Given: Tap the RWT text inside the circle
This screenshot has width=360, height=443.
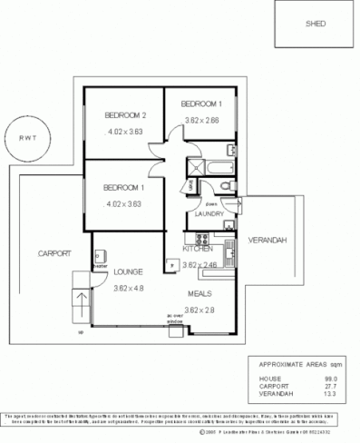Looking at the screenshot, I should point(23,138).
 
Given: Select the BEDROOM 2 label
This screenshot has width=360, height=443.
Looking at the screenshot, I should point(125,114).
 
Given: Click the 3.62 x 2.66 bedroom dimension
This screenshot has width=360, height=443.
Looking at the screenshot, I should point(201,119).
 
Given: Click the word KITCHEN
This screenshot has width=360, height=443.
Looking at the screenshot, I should point(197,248).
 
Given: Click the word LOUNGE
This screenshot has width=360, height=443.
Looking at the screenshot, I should point(130,271).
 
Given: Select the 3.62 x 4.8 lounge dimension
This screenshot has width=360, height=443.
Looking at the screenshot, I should point(130,289).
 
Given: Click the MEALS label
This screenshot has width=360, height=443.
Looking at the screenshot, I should point(200,294).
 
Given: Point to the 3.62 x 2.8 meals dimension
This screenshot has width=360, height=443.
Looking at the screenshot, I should point(200,310).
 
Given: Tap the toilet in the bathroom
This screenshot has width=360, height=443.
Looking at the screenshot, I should point(224,185).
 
